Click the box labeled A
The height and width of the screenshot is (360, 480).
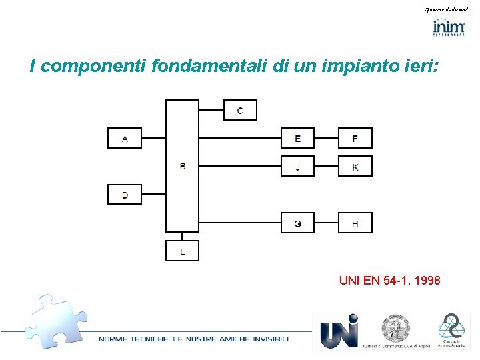point(125,138)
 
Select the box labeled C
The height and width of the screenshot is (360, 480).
point(240,110)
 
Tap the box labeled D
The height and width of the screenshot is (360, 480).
point(125,195)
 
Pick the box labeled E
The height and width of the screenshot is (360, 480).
point(297,138)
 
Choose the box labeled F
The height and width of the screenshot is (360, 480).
point(355,138)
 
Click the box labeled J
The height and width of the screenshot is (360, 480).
point(297,167)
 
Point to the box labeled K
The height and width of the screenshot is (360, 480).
point(355,167)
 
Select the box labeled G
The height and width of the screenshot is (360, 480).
point(297,223)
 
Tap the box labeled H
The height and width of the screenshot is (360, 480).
point(355,223)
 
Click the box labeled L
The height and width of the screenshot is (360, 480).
point(183,251)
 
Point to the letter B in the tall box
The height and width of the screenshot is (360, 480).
point(183,166)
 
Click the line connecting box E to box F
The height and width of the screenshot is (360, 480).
point(326,138)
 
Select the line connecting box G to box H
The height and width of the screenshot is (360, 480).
point(326,223)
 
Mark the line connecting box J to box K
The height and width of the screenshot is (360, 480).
point(326,167)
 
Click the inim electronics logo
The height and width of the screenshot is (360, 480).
point(449,27)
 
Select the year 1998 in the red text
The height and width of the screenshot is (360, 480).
point(426,281)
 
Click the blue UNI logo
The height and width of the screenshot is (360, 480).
point(339,331)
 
